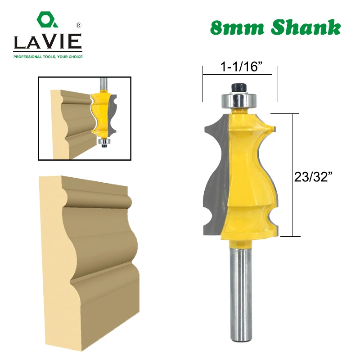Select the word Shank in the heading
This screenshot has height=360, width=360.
point(306,28)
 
